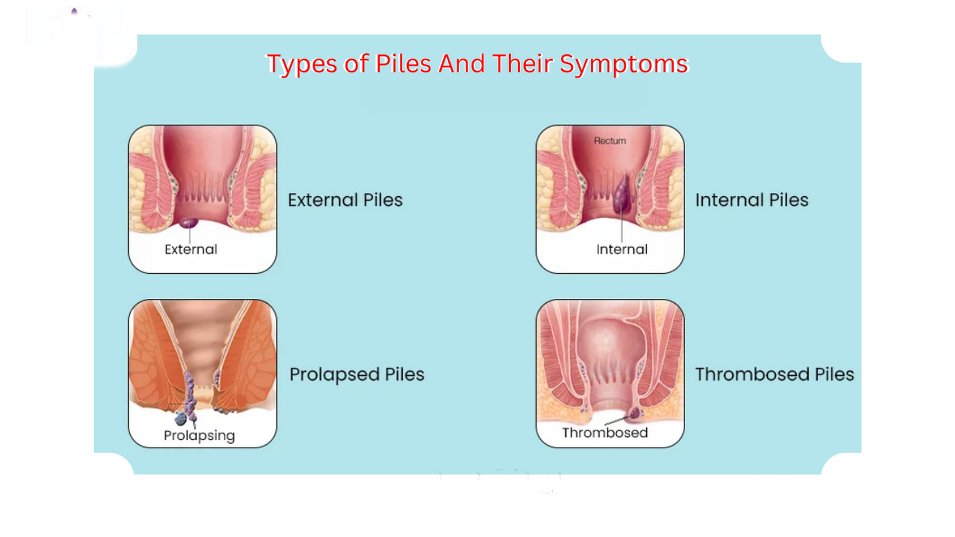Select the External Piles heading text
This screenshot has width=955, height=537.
(x=345, y=200)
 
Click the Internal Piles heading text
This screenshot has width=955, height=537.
(x=751, y=200)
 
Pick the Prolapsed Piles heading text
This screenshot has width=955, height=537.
(x=356, y=374)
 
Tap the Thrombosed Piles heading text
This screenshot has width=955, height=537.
(x=774, y=374)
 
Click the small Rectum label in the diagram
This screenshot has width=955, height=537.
(x=609, y=141)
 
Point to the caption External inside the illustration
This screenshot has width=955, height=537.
(x=190, y=249)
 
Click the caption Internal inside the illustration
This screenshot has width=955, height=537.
(x=621, y=249)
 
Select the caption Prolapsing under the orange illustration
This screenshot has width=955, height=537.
(x=199, y=436)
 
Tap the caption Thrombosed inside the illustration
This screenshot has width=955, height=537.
(x=605, y=433)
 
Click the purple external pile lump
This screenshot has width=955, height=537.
(x=189, y=223)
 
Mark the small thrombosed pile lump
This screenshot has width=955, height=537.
(x=635, y=412)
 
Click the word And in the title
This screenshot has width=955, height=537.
(x=461, y=64)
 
